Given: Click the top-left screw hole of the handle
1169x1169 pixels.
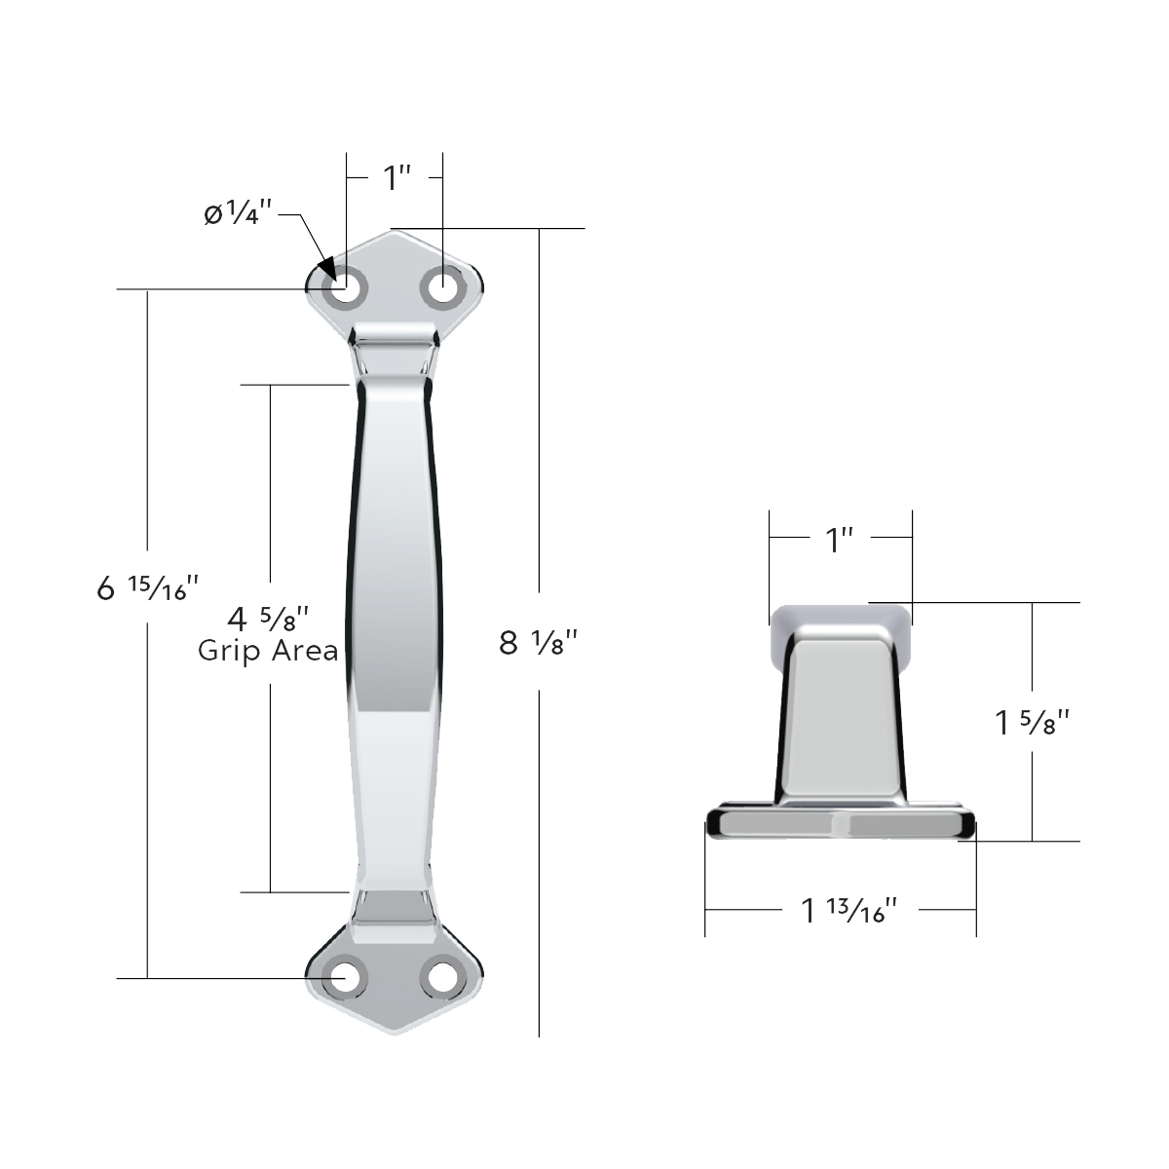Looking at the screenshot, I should click(346, 289).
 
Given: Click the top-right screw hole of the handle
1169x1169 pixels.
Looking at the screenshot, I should click(443, 289).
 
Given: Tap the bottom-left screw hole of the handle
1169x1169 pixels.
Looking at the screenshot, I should click(346, 977).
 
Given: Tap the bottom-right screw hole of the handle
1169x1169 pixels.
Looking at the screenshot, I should click(443, 977).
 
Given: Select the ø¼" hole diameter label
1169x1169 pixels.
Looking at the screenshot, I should click(237, 213).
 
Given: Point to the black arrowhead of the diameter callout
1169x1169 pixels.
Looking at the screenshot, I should click(326, 269).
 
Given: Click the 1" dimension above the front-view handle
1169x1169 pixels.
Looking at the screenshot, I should click(396, 178).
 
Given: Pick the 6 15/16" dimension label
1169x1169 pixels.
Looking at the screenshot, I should click(148, 587).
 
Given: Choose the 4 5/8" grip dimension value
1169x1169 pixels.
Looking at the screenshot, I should click(268, 619).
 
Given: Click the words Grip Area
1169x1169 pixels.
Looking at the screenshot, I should click(268, 651).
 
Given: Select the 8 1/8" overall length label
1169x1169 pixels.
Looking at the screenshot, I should click(539, 642).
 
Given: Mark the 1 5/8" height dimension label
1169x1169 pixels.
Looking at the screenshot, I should click(1032, 723).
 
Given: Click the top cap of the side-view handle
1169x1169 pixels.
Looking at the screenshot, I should click(840, 618).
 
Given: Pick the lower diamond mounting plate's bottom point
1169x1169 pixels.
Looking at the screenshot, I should click(395, 1033).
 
